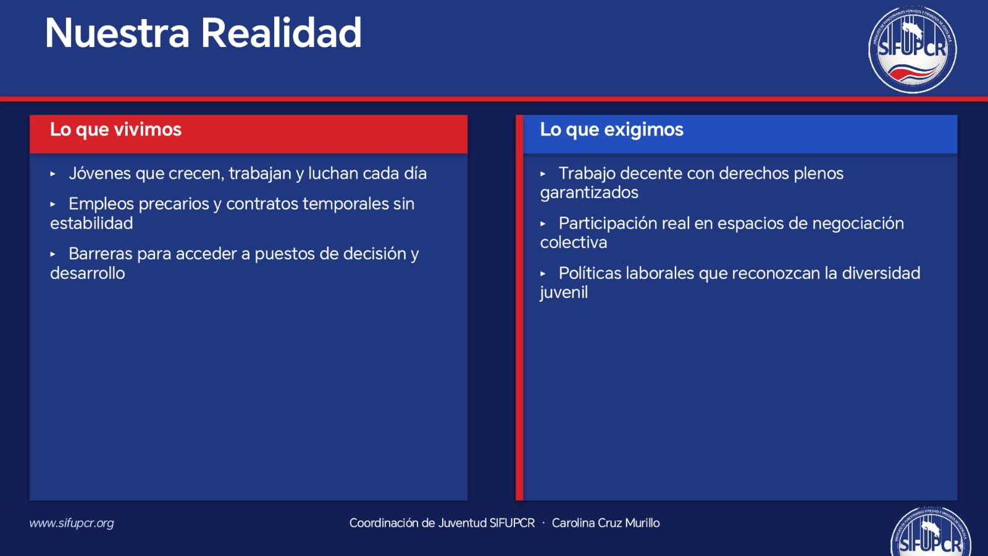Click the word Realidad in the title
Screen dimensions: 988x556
(282, 33)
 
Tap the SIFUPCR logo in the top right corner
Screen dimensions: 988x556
(912, 49)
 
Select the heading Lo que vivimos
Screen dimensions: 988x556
(115, 130)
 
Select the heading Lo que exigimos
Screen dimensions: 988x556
(611, 130)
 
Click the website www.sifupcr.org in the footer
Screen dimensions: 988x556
(72, 523)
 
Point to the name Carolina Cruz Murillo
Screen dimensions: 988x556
(606, 523)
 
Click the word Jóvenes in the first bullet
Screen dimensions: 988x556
(99, 173)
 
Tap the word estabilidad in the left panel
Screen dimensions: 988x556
(91, 223)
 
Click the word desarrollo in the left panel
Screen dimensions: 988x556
(87, 273)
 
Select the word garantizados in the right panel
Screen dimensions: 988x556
(589, 193)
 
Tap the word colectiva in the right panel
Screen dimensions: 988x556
(574, 243)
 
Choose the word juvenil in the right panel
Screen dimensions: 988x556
(564, 293)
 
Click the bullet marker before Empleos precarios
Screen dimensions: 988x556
(53, 204)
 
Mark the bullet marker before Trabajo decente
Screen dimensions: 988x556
(543, 174)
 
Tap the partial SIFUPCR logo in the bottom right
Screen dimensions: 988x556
(931, 531)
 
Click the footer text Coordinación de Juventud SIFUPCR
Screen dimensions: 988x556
(442, 523)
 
